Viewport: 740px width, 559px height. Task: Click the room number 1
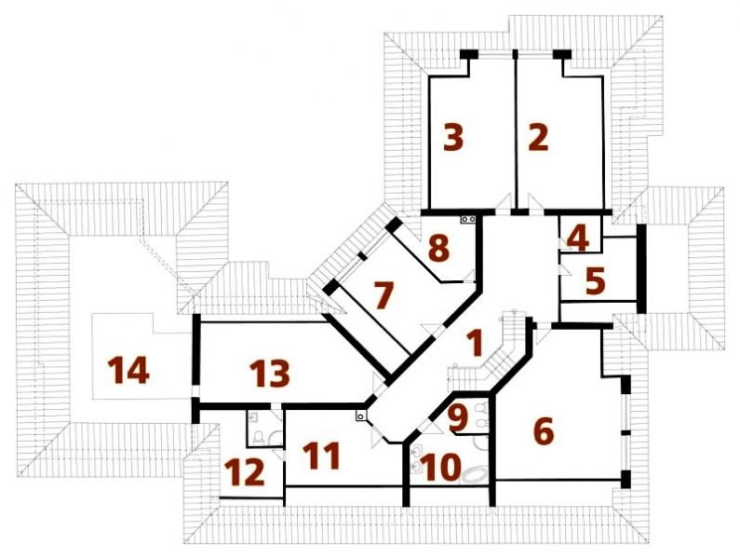click(x=476, y=343)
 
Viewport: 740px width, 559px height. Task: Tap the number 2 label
click(x=538, y=138)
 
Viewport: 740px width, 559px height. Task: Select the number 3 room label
click(x=453, y=138)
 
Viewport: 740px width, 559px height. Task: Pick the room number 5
click(x=595, y=280)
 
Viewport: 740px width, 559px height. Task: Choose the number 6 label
click(x=544, y=431)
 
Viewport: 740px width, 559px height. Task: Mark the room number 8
click(x=438, y=248)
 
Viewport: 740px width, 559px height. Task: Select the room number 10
click(x=441, y=467)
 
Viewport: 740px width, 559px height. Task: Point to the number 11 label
click(x=321, y=456)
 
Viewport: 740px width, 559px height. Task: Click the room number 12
click(x=244, y=472)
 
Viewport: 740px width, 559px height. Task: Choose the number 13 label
click(x=269, y=374)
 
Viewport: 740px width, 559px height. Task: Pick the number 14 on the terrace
click(x=128, y=370)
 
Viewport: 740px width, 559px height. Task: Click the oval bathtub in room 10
click(x=475, y=475)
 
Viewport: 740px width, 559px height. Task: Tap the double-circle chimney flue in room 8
click(x=468, y=219)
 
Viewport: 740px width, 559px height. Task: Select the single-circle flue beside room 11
click(x=361, y=416)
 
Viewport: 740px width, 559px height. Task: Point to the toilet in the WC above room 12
click(x=259, y=438)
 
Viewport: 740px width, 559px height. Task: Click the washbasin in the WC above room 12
click(x=253, y=416)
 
